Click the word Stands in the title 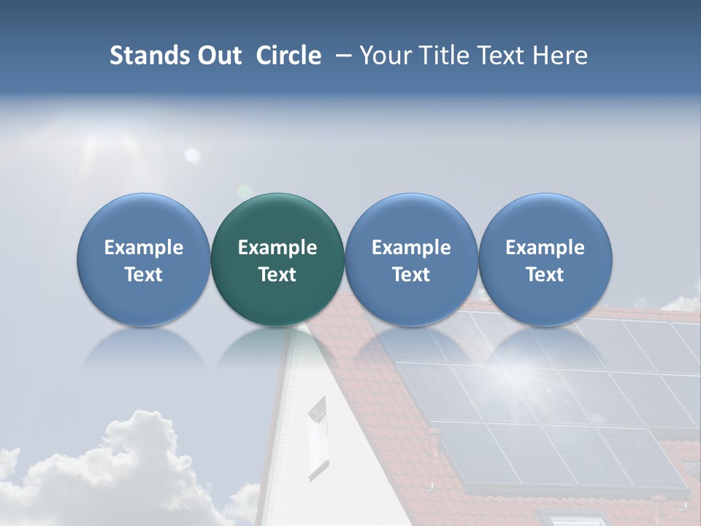tap(148, 56)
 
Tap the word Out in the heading tap(218, 56)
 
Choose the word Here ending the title tap(559, 56)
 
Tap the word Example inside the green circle tap(277, 248)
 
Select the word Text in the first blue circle tap(144, 275)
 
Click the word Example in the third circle tap(411, 248)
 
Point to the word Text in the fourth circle tap(545, 275)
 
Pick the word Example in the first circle tap(144, 248)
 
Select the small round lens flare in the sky tap(192, 154)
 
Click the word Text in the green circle tap(277, 275)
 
